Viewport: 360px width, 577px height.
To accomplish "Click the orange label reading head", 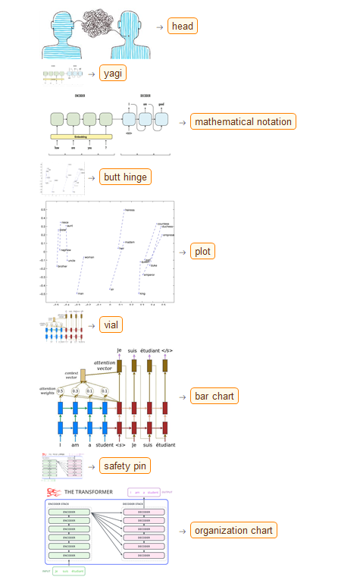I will tap(183, 27).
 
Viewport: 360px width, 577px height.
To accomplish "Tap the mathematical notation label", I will tap(242, 121).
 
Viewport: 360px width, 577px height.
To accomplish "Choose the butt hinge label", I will tap(127, 177).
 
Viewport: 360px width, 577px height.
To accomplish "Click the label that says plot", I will tap(203, 252).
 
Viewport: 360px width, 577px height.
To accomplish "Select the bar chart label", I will tap(214, 396).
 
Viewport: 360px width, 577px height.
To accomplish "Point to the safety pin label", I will tap(127, 466).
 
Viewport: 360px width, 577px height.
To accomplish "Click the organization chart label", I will tap(233, 530).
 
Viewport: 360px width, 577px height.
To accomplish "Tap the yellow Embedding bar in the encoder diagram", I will tap(81, 137).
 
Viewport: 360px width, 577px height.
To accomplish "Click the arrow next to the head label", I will tap(159, 27).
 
